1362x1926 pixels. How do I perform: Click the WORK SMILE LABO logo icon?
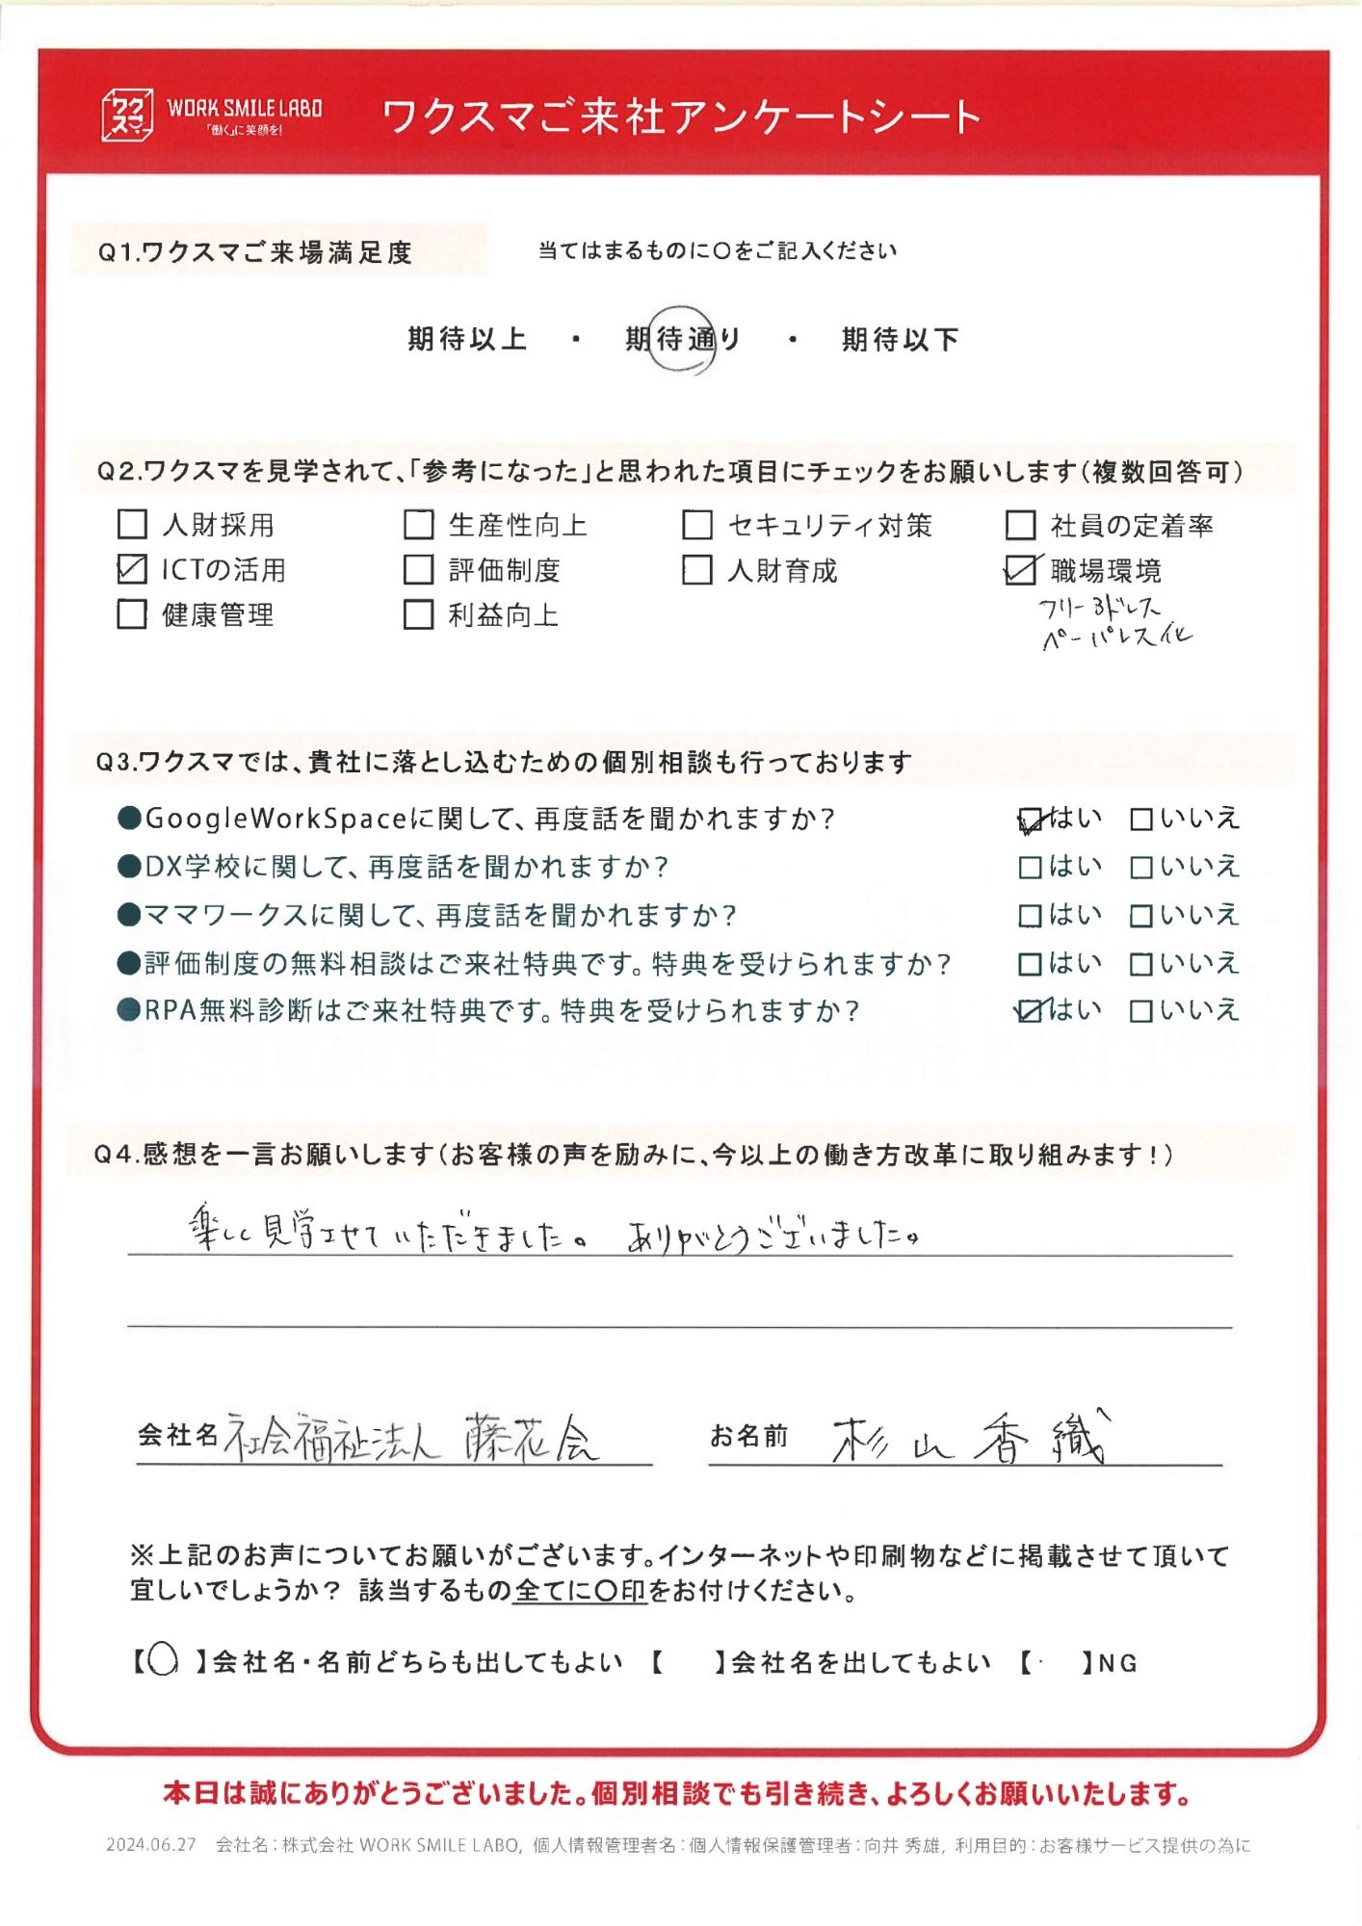point(127,116)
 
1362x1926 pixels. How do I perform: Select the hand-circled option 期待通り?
point(683,339)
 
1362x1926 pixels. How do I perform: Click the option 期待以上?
point(467,339)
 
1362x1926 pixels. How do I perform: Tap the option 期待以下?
point(900,339)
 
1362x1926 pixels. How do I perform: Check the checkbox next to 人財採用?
point(132,525)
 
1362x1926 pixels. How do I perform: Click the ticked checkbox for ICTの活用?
point(132,569)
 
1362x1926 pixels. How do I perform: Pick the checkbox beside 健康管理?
point(132,614)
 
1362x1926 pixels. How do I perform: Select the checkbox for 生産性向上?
point(418,525)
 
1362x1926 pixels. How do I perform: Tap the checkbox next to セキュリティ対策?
point(696,525)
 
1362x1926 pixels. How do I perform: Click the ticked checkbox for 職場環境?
point(1020,570)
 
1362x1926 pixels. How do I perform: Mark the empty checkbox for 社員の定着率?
point(1020,525)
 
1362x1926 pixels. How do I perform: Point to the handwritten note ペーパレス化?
point(1117,638)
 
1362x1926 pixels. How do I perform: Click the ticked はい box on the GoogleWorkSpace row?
point(1031,820)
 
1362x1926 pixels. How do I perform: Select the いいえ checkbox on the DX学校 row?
point(1141,868)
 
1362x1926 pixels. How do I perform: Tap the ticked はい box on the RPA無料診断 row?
point(1031,1011)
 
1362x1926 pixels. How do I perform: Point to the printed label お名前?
point(749,1437)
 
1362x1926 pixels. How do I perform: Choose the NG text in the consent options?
point(1117,1663)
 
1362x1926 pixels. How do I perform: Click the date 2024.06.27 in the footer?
point(151,1845)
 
